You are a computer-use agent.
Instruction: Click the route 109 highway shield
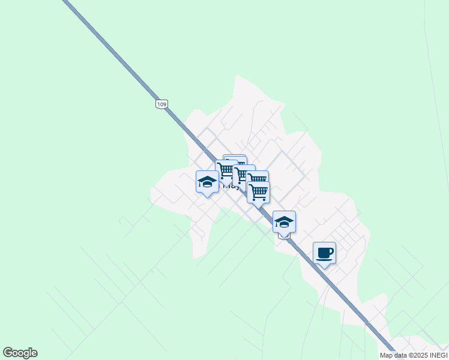[x=161, y=104]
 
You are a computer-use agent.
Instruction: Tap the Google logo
[x=20, y=353]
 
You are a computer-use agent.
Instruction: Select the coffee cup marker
[x=324, y=253]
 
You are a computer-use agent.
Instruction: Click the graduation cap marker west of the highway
[x=207, y=181]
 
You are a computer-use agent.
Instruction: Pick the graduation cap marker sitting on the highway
[x=284, y=222]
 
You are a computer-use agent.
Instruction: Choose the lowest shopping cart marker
[x=258, y=193]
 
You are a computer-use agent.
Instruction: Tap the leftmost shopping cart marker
[x=226, y=170]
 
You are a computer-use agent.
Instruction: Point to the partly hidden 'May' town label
[x=231, y=186]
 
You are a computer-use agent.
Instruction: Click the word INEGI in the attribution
[x=436, y=355]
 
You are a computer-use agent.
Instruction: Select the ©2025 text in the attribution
[x=413, y=355]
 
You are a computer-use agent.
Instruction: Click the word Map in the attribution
[x=386, y=355]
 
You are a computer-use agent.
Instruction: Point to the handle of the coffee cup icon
[x=331, y=251]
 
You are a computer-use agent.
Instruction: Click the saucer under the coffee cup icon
[x=324, y=258]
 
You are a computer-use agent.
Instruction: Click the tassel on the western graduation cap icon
[x=200, y=184]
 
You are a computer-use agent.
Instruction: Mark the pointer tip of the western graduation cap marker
[x=207, y=197]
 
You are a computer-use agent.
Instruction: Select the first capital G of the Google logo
[x=8, y=353]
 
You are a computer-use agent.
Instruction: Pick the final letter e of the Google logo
[x=34, y=353]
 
